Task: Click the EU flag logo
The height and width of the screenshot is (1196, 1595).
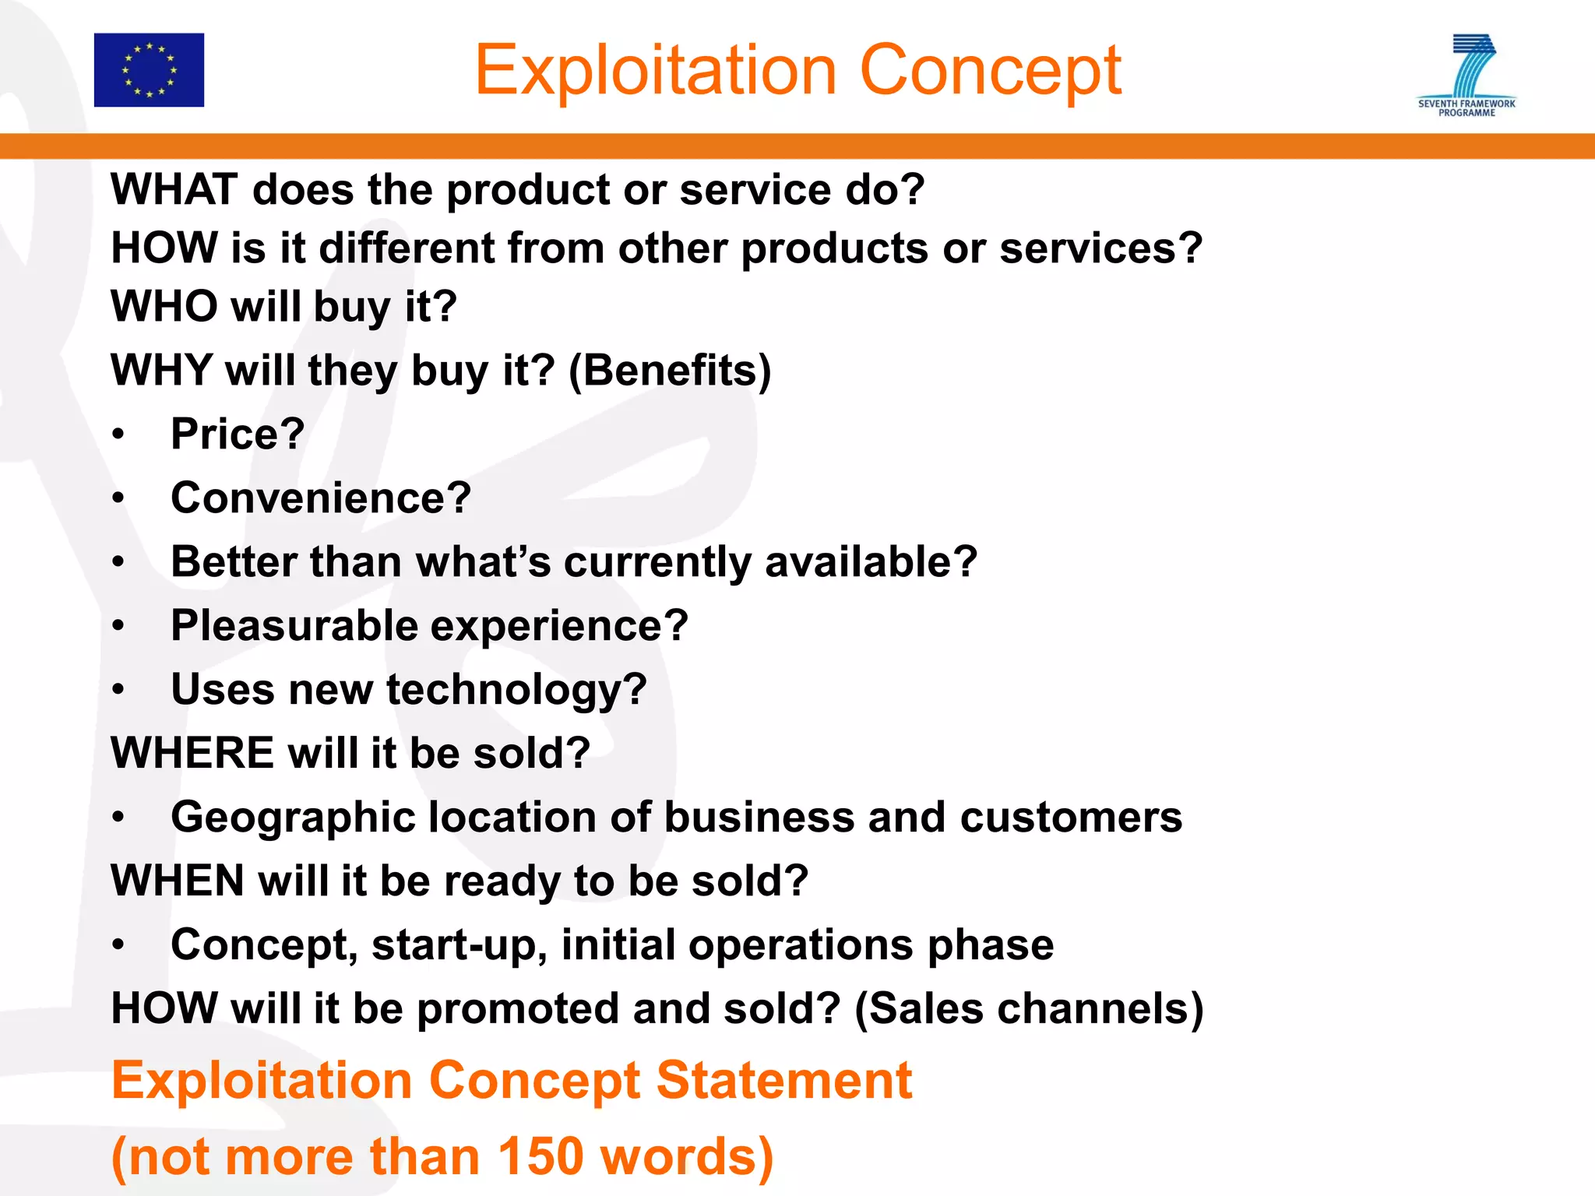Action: pos(149,70)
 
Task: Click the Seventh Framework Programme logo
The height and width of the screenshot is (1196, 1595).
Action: pos(1466,75)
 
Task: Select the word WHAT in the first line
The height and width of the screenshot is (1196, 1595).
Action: pos(174,189)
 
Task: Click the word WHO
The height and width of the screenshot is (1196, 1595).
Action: pos(164,306)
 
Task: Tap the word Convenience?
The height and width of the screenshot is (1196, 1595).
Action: pos(321,498)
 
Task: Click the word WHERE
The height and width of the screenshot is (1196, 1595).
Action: pos(192,753)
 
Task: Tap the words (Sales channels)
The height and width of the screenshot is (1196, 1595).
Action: pos(1029,1008)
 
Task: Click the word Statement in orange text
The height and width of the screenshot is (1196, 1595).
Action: pos(783,1081)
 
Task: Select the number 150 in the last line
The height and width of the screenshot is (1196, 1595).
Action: pos(540,1156)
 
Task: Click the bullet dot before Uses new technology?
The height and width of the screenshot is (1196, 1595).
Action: pos(118,689)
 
